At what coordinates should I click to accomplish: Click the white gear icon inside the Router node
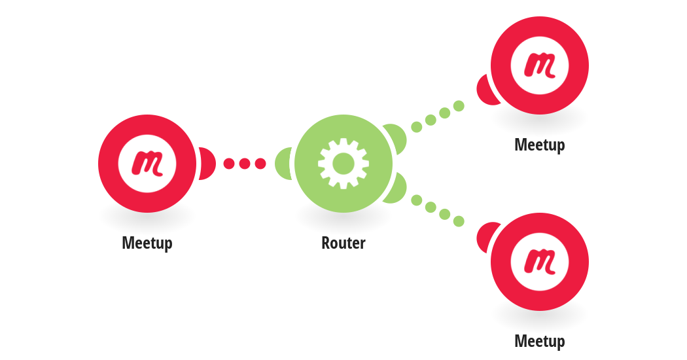coord(343,164)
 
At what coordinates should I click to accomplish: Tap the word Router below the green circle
coord(343,243)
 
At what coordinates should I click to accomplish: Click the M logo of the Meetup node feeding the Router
coord(147,164)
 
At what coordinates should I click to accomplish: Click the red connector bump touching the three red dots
coord(207,164)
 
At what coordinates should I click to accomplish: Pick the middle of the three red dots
coord(245,164)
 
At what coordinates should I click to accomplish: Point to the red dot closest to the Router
coord(260,164)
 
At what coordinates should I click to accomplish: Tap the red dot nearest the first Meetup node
coord(229,164)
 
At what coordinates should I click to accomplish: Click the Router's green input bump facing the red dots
coord(283,164)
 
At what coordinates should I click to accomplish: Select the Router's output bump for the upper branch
coord(396,138)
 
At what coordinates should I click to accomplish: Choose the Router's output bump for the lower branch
coord(396,189)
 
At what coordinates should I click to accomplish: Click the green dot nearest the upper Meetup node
coord(459,105)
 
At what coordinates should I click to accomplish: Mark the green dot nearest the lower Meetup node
coord(459,221)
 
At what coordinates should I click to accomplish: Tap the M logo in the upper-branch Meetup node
coord(540,65)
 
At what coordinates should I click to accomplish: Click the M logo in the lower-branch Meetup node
coord(540,262)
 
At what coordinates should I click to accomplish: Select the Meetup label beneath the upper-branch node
coord(540,145)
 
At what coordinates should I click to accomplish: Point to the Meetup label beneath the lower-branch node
coord(540,342)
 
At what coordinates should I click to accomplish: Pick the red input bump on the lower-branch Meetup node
coord(486,237)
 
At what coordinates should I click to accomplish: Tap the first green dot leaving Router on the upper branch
coord(417,127)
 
